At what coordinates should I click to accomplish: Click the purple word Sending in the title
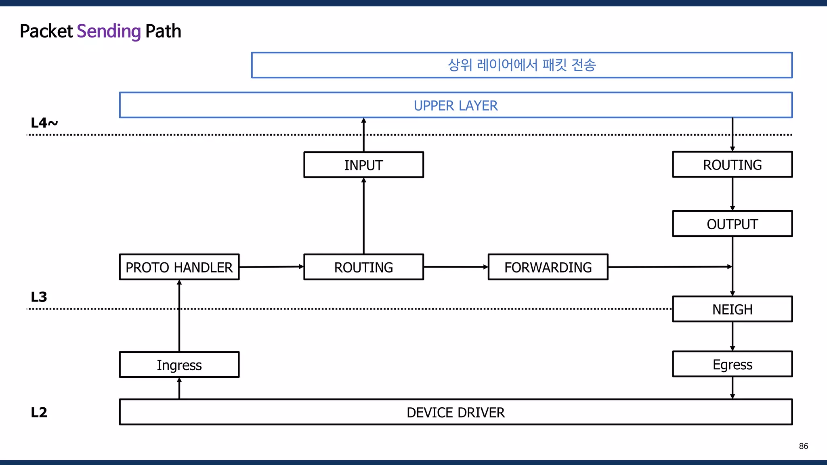pos(108,31)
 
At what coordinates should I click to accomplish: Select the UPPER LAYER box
pos(455,105)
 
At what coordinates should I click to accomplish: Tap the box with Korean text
pos(522,65)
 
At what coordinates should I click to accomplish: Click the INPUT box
pos(363,165)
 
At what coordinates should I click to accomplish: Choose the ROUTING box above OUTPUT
pos(732,165)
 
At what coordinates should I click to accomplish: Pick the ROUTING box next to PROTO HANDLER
pos(363,267)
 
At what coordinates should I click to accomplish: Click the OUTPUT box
pos(732,224)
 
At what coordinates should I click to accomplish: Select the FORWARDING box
pos(548,267)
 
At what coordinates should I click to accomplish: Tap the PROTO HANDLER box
pos(179,267)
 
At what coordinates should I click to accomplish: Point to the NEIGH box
pos(732,310)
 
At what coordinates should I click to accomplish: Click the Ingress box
pos(179,365)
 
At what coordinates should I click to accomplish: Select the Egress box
pos(732,364)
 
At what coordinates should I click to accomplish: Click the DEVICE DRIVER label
pos(455,413)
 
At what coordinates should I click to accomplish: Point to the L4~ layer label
pos(44,123)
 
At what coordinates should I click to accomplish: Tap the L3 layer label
pos(39,297)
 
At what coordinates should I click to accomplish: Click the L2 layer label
pos(39,413)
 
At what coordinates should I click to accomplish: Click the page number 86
pos(803,446)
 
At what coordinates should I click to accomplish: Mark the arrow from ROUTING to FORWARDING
pos(455,267)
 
